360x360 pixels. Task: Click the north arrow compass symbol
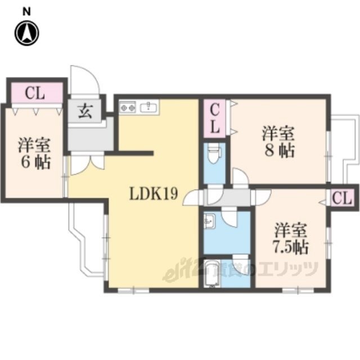pyautogui.click(x=27, y=33)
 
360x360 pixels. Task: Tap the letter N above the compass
pyautogui.click(x=26, y=11)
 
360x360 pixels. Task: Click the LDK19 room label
pyautogui.click(x=154, y=193)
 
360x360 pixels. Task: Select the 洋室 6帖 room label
pyautogui.click(x=34, y=154)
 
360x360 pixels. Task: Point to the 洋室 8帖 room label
pyautogui.click(x=278, y=142)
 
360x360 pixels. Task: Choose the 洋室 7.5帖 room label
pyautogui.click(x=290, y=238)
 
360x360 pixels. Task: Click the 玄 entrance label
pyautogui.click(x=85, y=111)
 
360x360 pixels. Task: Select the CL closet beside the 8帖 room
pyautogui.click(x=214, y=118)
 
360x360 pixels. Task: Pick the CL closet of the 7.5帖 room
pyautogui.click(x=342, y=197)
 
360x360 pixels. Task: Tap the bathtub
pyautogui.click(x=211, y=273)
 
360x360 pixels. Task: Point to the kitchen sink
pyautogui.click(x=148, y=107)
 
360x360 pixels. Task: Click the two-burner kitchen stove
pyautogui.click(x=128, y=107)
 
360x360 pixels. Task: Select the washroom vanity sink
pyautogui.click(x=209, y=222)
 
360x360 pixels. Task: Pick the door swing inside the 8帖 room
pyautogui.click(x=241, y=175)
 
